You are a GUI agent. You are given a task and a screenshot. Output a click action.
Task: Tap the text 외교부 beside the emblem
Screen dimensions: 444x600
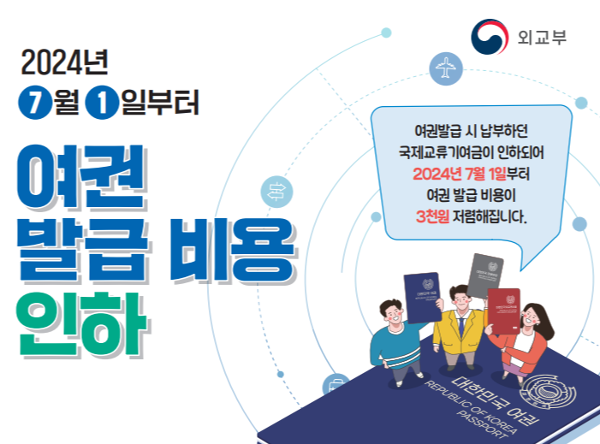(x=542, y=38)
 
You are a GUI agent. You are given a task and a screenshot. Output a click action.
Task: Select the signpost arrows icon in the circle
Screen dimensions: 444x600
(x=279, y=189)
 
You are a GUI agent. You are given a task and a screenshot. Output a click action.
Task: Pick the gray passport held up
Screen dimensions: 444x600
(x=485, y=275)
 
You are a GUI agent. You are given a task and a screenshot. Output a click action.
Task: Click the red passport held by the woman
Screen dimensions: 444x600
(x=502, y=307)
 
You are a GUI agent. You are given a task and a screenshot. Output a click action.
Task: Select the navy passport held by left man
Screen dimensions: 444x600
(x=421, y=296)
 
